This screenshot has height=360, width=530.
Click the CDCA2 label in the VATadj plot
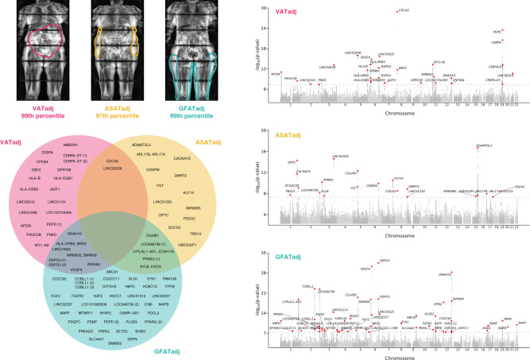404,10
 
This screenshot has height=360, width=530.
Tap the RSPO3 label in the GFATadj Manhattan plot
385,261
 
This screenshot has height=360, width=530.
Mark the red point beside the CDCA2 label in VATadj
397,10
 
